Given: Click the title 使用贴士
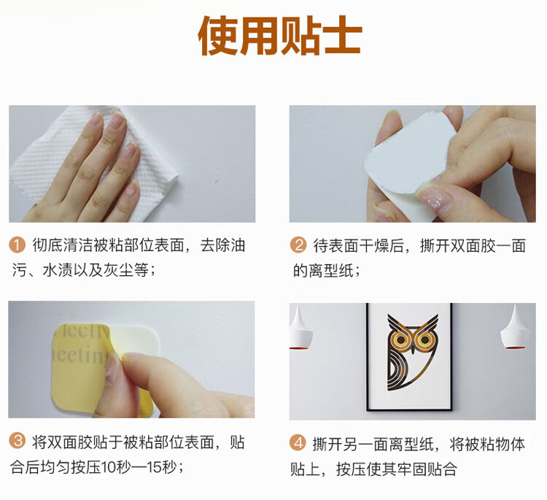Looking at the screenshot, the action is point(280,36).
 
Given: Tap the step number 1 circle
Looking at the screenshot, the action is point(17,245).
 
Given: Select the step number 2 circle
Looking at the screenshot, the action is point(298,245).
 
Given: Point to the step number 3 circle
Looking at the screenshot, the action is point(17,441).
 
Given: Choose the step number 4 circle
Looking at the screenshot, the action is point(298,444).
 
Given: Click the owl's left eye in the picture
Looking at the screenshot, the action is point(400,339).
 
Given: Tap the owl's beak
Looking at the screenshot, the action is point(413,347).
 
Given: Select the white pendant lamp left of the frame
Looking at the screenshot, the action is point(300,328).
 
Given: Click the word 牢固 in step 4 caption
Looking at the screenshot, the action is point(411,469).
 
